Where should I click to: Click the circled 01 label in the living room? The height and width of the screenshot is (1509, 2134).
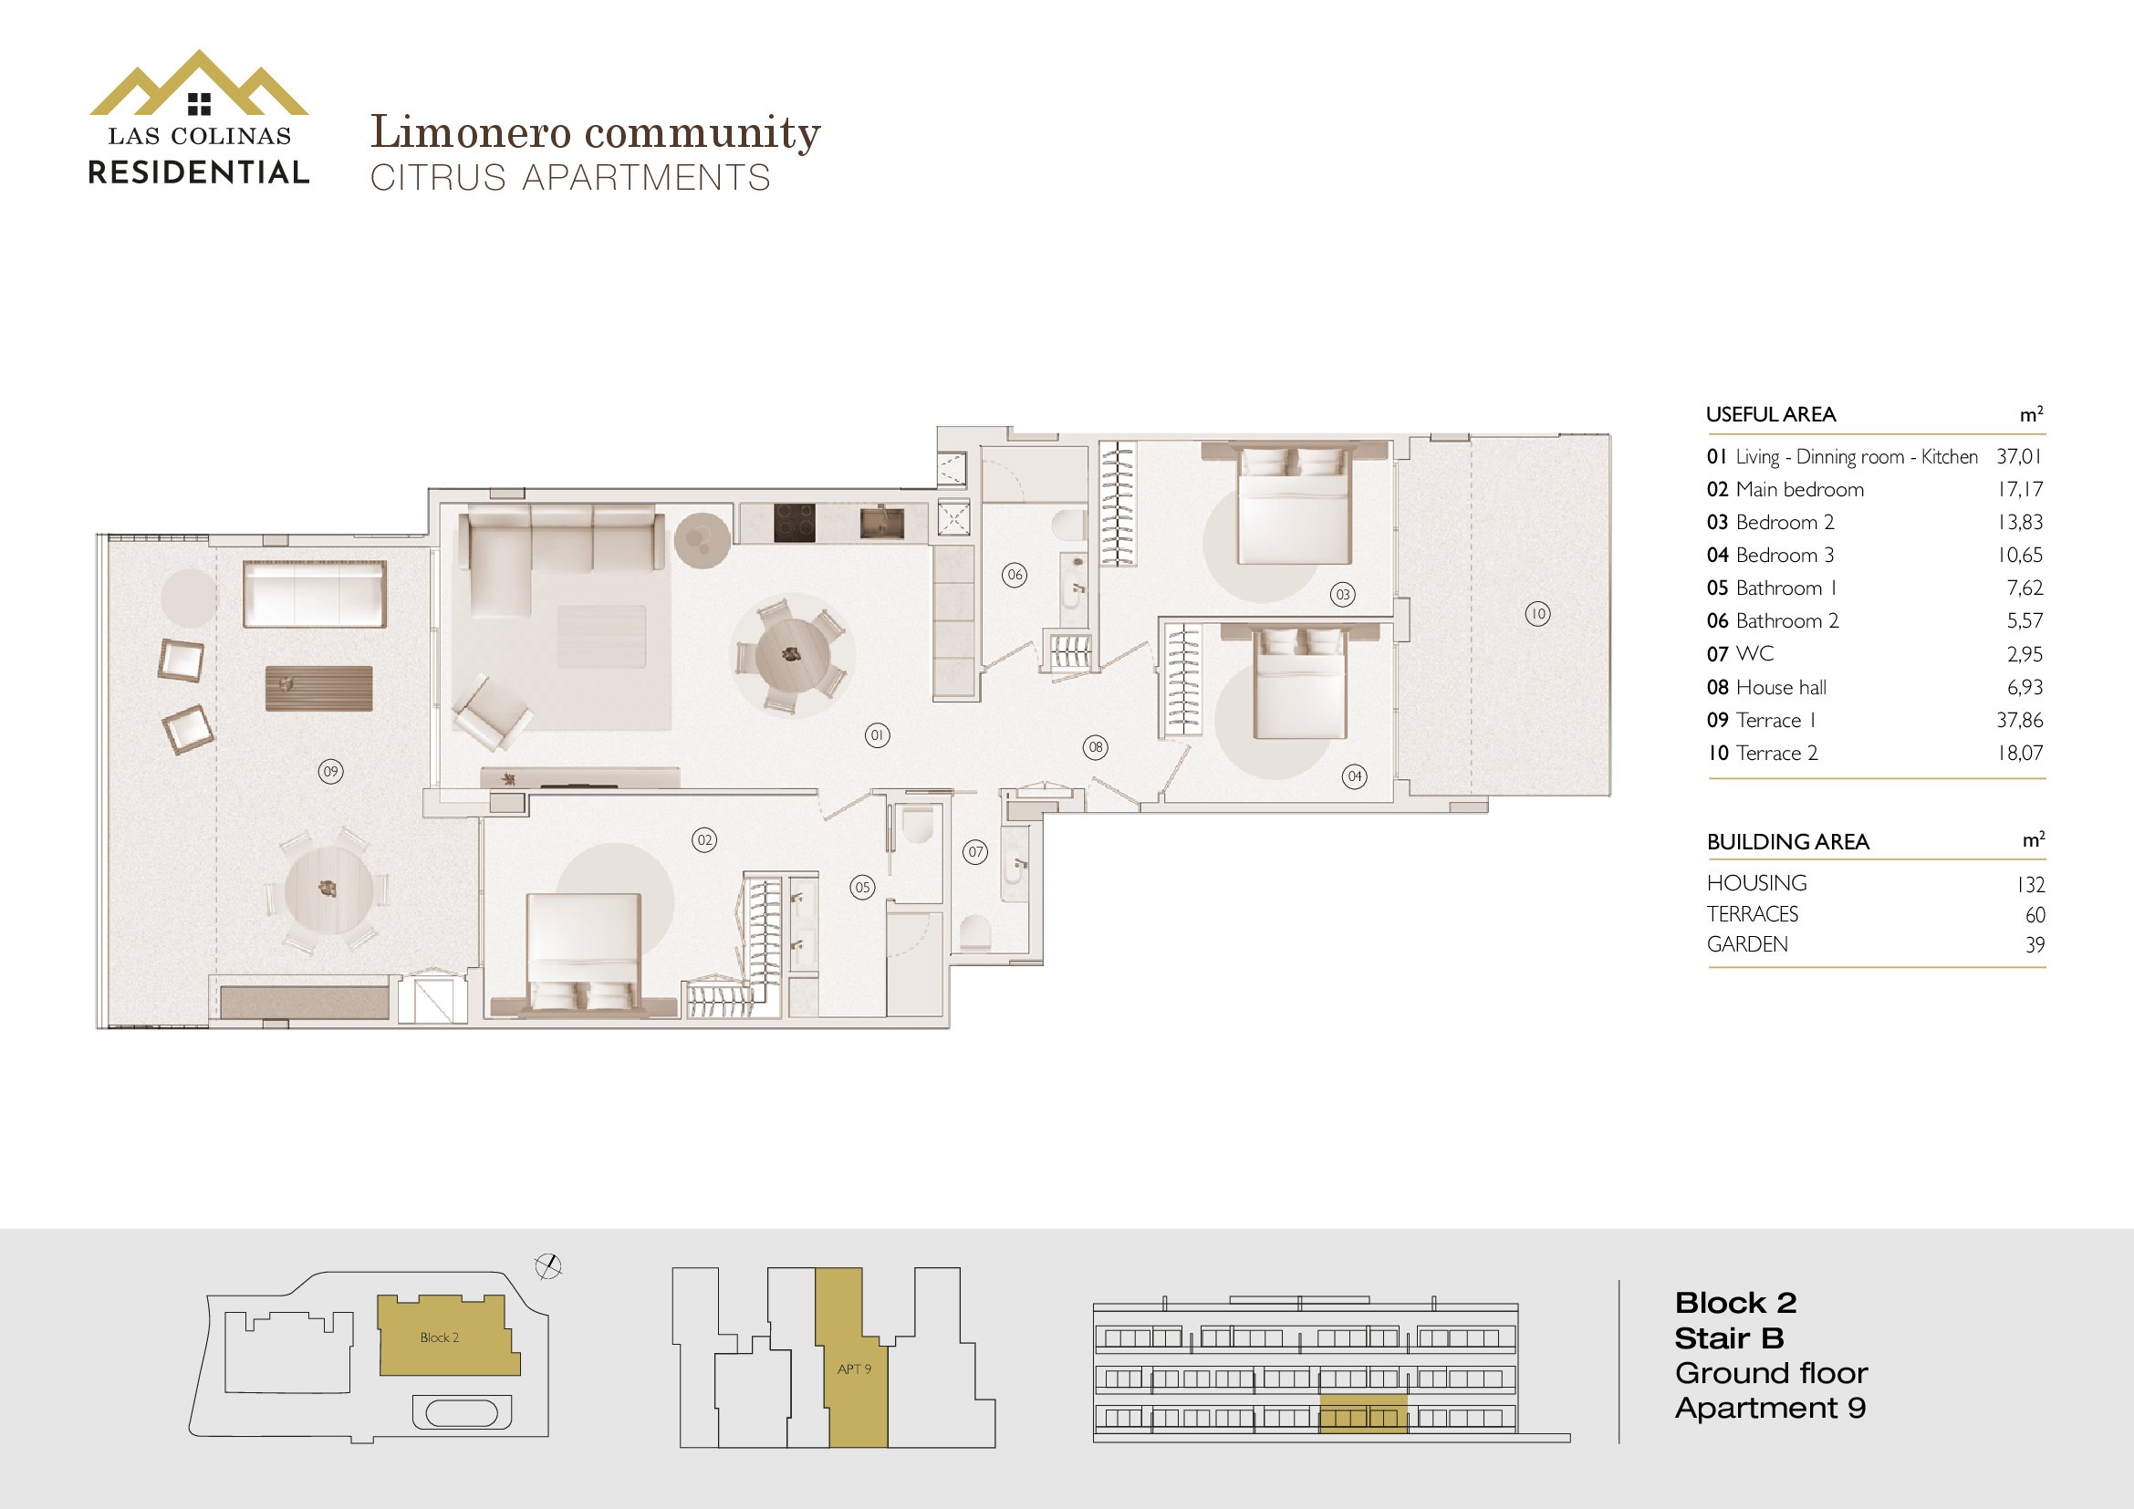(x=877, y=736)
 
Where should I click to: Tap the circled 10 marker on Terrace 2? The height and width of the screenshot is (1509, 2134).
(x=1538, y=613)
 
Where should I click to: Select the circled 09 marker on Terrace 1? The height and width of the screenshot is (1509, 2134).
(x=331, y=771)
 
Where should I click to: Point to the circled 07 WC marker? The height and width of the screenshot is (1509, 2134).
(x=975, y=852)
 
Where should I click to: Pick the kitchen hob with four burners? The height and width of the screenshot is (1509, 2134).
(x=795, y=523)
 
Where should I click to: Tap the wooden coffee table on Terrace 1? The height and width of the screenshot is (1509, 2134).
(x=318, y=688)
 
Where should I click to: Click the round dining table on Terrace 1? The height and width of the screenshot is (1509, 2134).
(x=329, y=890)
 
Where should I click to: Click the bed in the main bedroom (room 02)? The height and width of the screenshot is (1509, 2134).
(x=584, y=952)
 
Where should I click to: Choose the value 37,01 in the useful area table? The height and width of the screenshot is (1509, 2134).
(x=2019, y=456)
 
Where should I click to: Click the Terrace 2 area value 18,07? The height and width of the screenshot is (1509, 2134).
(x=2021, y=753)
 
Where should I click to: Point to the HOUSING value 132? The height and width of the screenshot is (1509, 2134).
(x=2031, y=885)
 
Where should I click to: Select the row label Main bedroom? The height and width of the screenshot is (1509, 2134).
(x=1799, y=490)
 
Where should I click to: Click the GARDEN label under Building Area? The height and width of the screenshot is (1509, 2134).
(x=1747, y=944)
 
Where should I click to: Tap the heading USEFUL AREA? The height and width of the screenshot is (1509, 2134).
(x=1771, y=414)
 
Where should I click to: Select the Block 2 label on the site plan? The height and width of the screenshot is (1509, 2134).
(x=439, y=1337)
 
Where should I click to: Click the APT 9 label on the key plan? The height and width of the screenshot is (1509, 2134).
(x=854, y=1369)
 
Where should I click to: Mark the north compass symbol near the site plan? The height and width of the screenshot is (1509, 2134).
(x=548, y=1265)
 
